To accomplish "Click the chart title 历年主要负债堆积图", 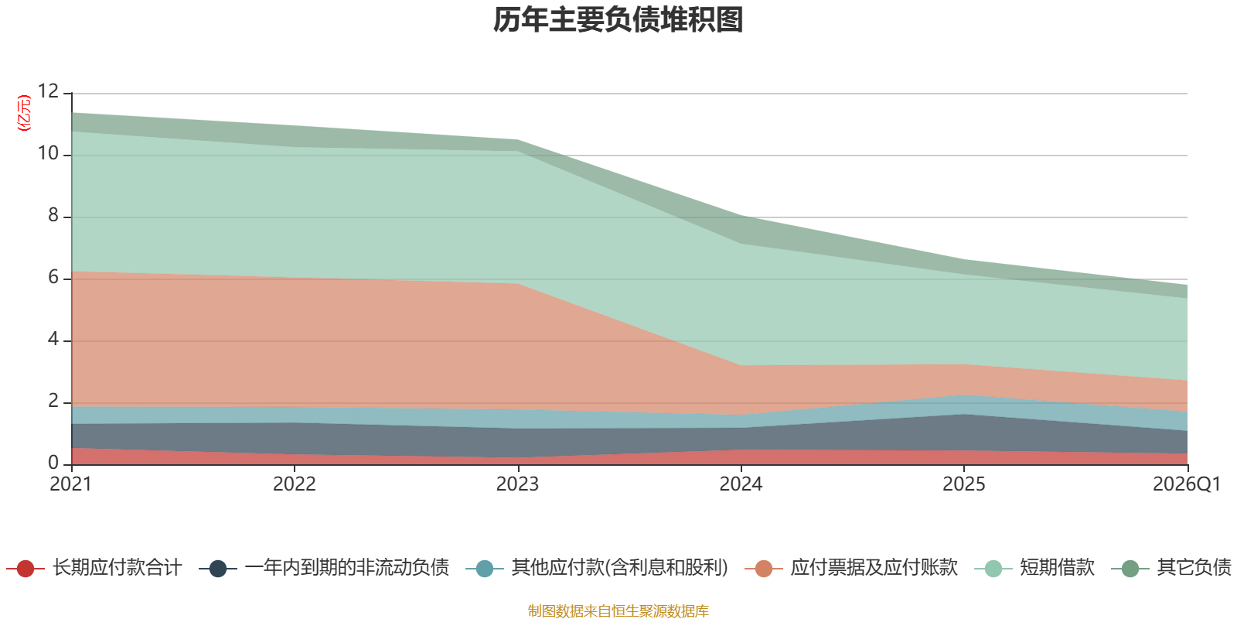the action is click(618, 20).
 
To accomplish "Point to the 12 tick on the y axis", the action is click(48, 91).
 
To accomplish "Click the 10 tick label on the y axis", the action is click(48, 153).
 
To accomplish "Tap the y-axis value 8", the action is click(53, 215).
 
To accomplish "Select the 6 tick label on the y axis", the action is click(53, 277).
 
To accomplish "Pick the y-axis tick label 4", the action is click(53, 339).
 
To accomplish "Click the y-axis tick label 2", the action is click(53, 401).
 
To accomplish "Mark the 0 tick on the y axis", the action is click(53, 463).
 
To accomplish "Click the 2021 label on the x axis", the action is click(70, 484).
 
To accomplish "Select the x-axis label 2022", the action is click(295, 484).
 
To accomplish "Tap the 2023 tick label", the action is click(517, 484).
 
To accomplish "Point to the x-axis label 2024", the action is click(741, 484).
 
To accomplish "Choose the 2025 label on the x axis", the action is click(963, 484).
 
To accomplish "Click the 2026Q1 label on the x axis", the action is click(1187, 484).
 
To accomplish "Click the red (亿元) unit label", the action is click(24, 113).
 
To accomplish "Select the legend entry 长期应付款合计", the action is click(94, 568).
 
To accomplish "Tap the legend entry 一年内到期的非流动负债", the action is click(324, 568).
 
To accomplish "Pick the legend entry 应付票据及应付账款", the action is click(851, 568).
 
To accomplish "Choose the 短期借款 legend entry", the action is click(1034, 568).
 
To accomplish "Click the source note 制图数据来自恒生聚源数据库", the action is click(618, 610).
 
